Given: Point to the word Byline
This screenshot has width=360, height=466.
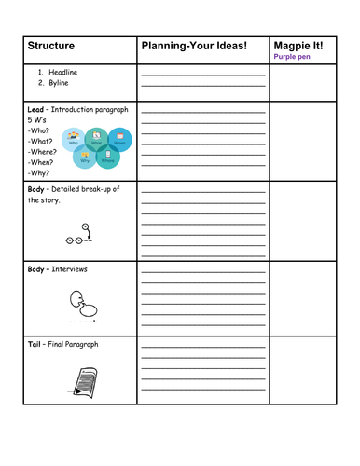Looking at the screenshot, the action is tap(59, 83).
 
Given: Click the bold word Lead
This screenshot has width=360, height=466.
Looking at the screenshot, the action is tap(36, 110).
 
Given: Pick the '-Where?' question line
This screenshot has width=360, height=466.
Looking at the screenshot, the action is tap(45, 152).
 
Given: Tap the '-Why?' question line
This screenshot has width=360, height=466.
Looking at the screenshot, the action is tap(40, 172).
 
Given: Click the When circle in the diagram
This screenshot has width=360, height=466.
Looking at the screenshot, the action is tap(118, 140).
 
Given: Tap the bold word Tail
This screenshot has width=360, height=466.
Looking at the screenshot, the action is tap(35, 345).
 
